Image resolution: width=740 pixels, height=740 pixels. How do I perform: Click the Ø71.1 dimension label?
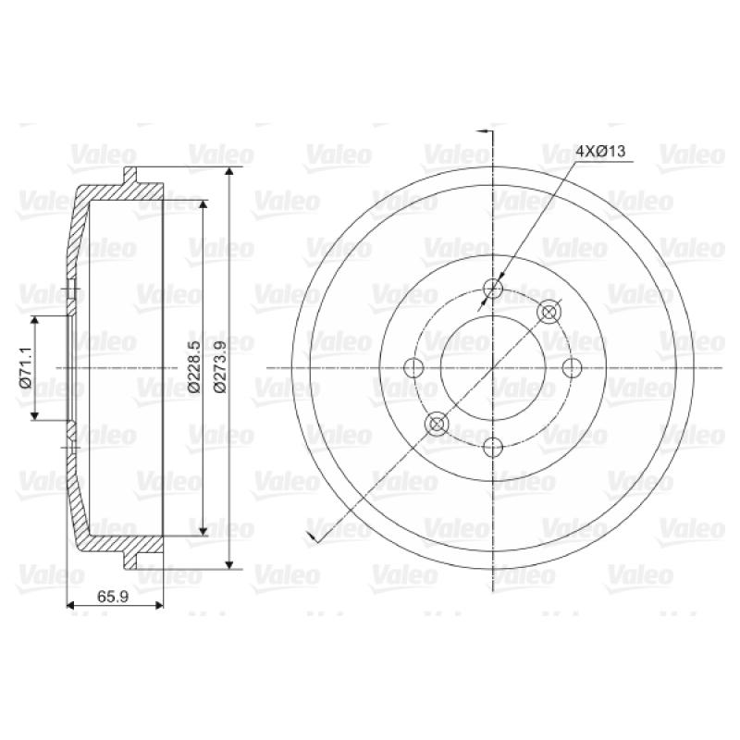coord(25,367)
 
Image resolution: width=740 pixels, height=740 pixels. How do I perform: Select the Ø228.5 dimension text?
coord(194,366)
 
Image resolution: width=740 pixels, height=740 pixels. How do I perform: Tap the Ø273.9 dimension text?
coord(220,366)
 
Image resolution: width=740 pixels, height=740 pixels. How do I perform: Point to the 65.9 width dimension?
coord(113,597)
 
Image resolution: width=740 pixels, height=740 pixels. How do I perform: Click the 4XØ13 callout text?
coord(600,151)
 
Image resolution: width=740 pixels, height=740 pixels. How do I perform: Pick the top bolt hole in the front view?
coord(493,288)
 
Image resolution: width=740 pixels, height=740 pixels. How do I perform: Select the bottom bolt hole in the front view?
coord(493,447)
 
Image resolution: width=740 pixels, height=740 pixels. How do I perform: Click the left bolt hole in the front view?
coord(413,367)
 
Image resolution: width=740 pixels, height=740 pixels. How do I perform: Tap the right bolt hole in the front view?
coord(573,367)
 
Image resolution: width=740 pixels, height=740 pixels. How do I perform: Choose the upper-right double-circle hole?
coord(549,312)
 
